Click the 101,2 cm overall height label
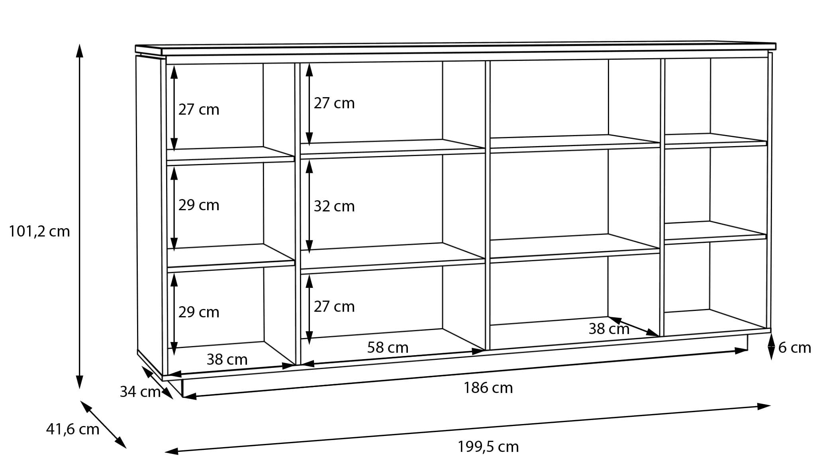point(39,231)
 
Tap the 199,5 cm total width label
point(488,447)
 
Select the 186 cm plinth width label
point(488,388)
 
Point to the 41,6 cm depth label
point(72,429)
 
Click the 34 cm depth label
point(140,392)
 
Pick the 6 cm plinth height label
point(795,348)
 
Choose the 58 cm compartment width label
point(388,348)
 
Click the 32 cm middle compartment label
point(334,206)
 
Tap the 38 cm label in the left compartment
point(227,360)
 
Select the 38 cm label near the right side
point(609,329)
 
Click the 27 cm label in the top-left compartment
point(199,109)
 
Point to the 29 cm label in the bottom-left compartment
point(199,312)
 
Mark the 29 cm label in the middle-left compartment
point(199,205)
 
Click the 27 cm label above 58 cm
point(334,307)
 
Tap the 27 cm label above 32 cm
point(334,103)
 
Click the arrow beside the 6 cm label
point(771,347)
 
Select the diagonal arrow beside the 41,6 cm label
point(104,424)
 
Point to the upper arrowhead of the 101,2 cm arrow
point(80,51)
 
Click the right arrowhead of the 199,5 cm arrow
point(764,407)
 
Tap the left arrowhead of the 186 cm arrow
point(190,396)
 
